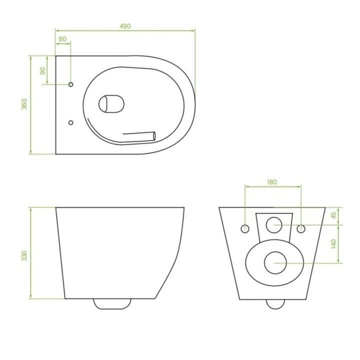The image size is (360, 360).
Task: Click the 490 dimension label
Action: pyautogui.click(x=125, y=26)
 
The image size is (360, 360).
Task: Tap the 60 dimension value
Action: pyautogui.click(x=62, y=39)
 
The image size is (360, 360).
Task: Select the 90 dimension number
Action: pyautogui.click(x=43, y=71)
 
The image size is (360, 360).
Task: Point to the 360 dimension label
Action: pyautogui.click(x=24, y=104)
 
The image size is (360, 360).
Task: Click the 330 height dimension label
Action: pyautogui.click(x=24, y=256)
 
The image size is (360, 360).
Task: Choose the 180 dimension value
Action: pyautogui.click(x=272, y=182)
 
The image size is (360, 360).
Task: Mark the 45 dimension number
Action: pyautogui.click(x=334, y=215)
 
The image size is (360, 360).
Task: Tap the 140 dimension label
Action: pyautogui.click(x=334, y=244)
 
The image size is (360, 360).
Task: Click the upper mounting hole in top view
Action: pyautogui.click(x=70, y=84)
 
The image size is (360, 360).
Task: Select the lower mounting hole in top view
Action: pyautogui.click(x=70, y=122)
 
